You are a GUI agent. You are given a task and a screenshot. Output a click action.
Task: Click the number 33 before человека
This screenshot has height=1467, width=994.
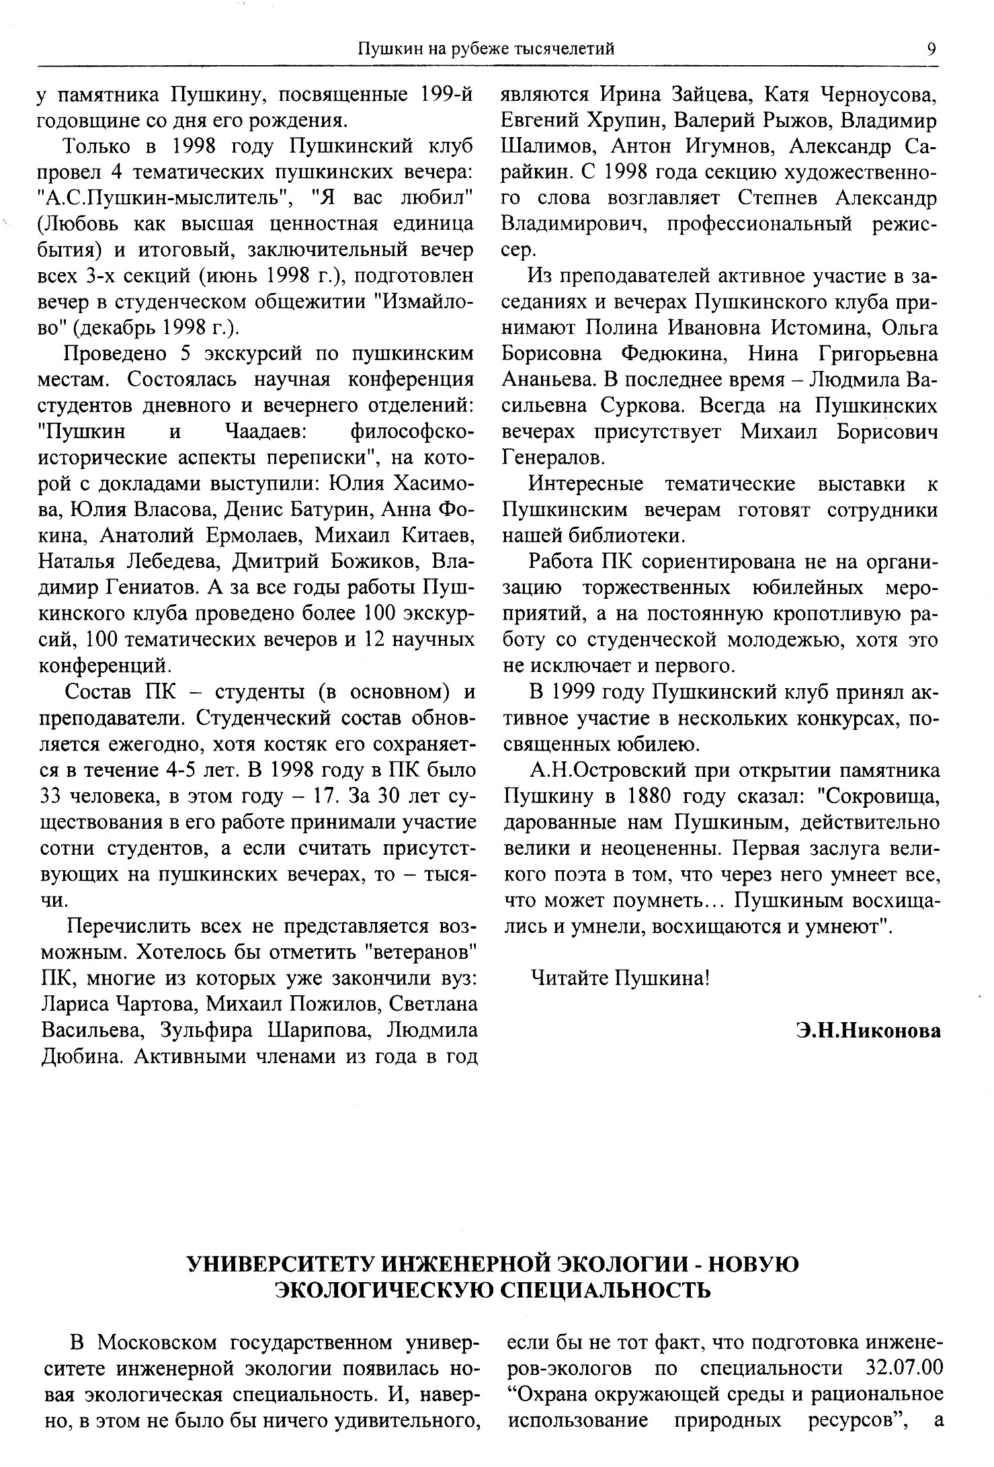52,797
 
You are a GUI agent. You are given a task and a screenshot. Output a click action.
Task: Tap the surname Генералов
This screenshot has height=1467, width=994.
552,458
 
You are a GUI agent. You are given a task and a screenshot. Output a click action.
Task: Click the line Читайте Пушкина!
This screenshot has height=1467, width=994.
620,978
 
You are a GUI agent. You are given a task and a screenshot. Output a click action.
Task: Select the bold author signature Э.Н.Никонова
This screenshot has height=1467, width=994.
868,1030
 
